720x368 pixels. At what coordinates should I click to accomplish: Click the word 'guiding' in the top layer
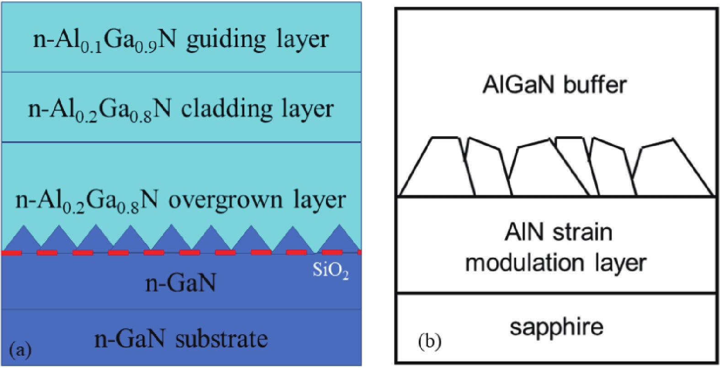226,40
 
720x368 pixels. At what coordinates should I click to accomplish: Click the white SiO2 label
331,271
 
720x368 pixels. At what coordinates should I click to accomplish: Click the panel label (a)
21,350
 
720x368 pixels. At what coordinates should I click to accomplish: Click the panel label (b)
430,341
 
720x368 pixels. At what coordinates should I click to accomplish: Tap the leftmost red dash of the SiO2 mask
11,253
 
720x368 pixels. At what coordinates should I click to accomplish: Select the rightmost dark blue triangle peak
339,227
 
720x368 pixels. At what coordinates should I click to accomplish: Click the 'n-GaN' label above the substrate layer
181,283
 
